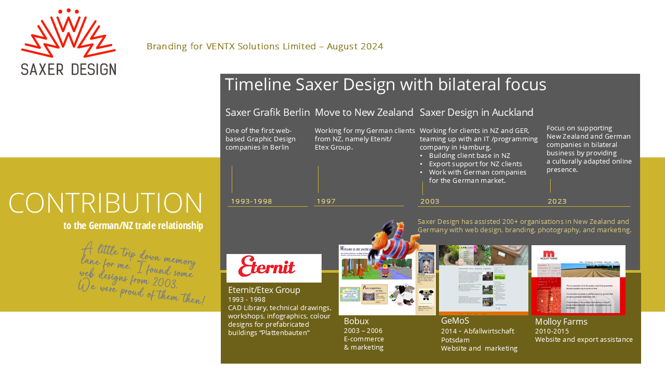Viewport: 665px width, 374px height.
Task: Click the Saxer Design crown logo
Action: [68, 34]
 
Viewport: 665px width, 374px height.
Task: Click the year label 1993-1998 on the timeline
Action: [251, 202]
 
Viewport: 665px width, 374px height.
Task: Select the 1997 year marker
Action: [326, 202]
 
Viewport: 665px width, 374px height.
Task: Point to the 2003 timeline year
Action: [430, 202]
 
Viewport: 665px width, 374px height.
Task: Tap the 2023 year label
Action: [557, 202]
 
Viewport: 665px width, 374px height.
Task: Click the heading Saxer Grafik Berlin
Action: [268, 112]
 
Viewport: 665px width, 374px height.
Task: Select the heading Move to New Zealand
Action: [364, 112]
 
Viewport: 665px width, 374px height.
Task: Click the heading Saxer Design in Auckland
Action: [476, 112]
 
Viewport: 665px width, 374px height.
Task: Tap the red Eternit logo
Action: [267, 266]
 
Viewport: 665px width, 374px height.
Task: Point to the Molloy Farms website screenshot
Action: [578, 280]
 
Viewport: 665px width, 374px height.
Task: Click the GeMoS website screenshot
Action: [483, 280]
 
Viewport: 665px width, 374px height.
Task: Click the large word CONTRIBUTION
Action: [105, 203]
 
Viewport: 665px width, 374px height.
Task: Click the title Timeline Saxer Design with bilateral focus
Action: [385, 85]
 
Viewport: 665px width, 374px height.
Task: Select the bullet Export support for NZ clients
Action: [475, 164]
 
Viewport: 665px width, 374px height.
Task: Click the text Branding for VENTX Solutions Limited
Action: [265, 46]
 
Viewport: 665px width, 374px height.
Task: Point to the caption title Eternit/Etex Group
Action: [264, 290]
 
